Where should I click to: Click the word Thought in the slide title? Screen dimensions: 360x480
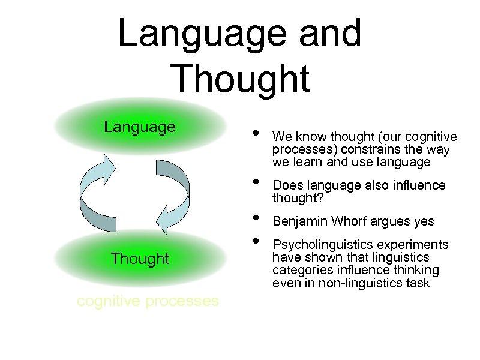click(x=240, y=78)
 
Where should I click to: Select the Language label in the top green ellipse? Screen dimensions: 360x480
click(x=140, y=127)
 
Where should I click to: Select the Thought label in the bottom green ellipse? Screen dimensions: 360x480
click(x=140, y=259)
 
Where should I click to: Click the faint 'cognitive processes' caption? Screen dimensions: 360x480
click(x=148, y=301)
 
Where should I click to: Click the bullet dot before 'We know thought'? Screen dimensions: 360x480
click(x=256, y=133)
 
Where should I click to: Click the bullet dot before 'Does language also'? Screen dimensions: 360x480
click(x=256, y=181)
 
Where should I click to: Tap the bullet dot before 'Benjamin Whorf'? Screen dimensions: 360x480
click(x=256, y=217)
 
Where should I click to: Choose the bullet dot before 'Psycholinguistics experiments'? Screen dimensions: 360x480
click(x=256, y=241)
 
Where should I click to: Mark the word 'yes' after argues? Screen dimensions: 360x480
click(x=424, y=221)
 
